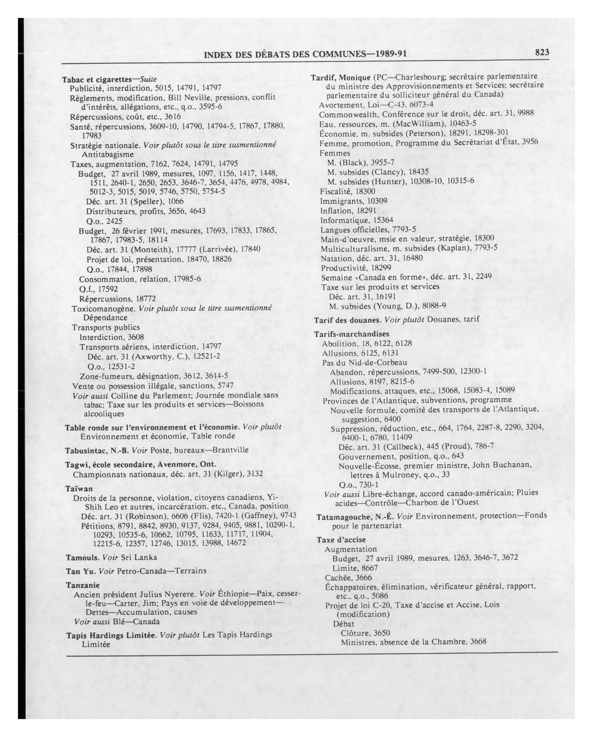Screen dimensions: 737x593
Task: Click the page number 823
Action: coord(542,52)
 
